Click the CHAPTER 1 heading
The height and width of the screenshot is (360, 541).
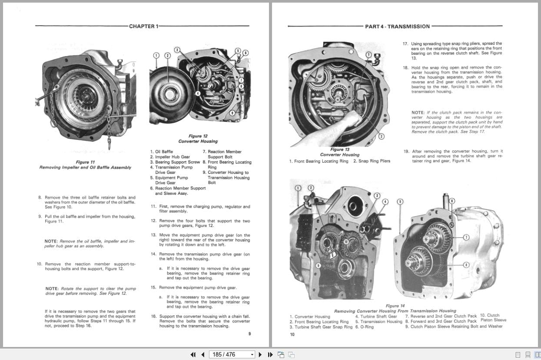pos(143,27)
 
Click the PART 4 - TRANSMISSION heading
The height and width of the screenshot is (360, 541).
pos(397,27)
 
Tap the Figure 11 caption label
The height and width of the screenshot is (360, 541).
pos(85,162)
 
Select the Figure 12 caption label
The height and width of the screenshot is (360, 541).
pos(198,136)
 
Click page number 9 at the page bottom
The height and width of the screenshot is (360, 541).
pos(249,333)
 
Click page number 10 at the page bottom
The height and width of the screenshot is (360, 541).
pos(292,334)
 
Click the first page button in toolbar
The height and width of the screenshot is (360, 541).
pos(193,354)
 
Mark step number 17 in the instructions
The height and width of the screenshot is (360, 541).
pos(405,44)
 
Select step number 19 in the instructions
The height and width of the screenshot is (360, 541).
pos(406,152)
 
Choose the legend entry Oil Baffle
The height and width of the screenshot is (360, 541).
pos(164,152)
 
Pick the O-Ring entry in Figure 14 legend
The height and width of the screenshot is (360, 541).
pos(364,327)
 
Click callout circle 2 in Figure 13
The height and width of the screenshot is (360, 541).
pos(381,137)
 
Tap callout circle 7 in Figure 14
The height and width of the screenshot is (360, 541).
pos(466,237)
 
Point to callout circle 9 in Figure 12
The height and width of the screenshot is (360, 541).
pos(232,113)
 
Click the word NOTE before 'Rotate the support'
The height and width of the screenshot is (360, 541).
pos(51,289)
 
